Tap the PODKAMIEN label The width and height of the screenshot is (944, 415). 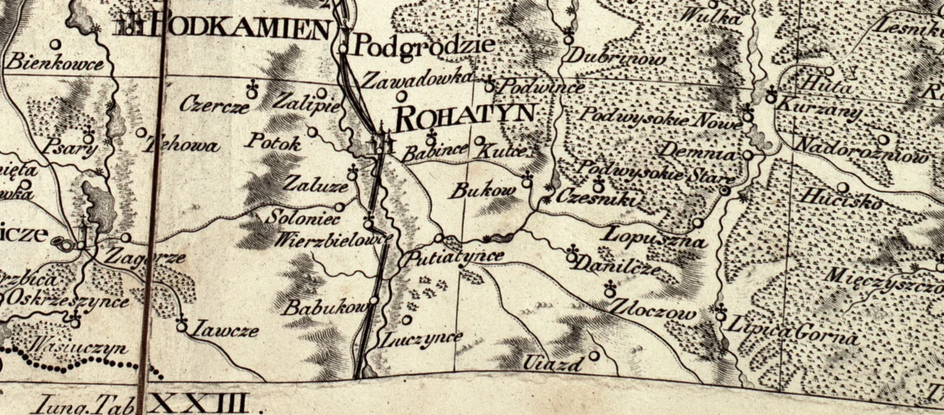[x=240, y=29]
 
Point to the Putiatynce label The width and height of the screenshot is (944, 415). [x=451, y=257]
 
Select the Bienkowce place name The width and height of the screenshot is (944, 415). [x=55, y=63]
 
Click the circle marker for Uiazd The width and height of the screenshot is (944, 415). [x=594, y=355]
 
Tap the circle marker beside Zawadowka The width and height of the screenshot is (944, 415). [x=401, y=96]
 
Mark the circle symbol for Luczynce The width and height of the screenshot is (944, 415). [x=407, y=320]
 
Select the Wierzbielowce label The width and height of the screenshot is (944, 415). [x=333, y=241]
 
